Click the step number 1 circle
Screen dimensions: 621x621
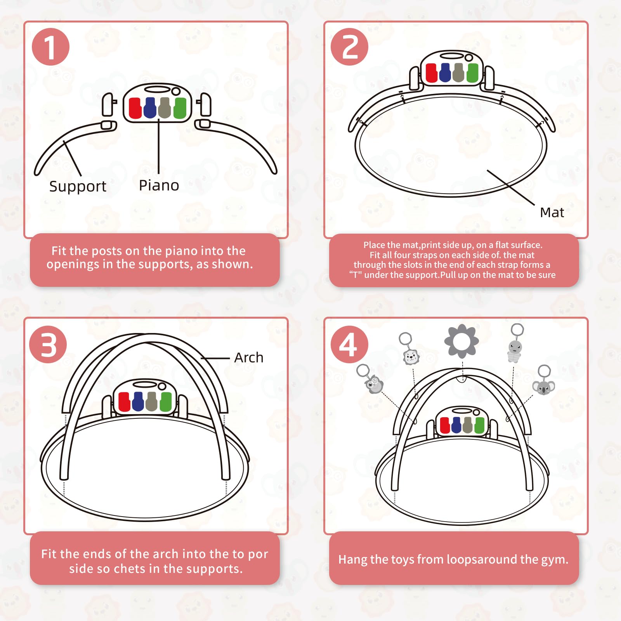[50, 47]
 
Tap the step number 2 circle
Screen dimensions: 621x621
[349, 47]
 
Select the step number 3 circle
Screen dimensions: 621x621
[48, 344]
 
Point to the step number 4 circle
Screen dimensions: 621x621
[349, 344]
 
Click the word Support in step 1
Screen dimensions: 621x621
[78, 187]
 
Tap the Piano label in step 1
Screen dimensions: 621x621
[159, 186]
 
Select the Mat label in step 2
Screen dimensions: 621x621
[552, 212]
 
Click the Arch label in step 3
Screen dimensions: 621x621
[248, 357]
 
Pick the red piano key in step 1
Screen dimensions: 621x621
[135, 108]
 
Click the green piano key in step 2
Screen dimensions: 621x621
[472, 73]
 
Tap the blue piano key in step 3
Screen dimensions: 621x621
[138, 401]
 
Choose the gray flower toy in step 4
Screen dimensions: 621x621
[461, 341]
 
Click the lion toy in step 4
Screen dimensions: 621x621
[411, 357]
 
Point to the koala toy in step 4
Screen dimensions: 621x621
[543, 387]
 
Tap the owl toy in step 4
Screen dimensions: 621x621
[374, 384]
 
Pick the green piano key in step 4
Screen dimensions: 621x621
[479, 425]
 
